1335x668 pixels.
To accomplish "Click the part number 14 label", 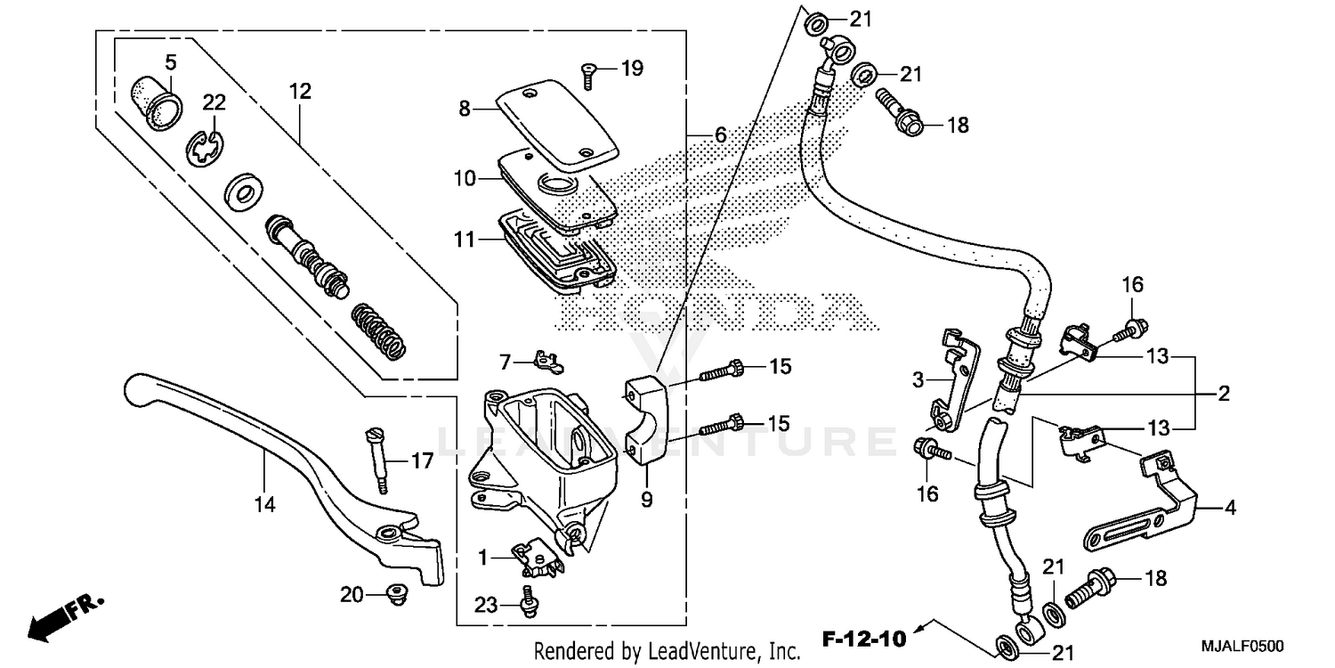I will coord(264,505).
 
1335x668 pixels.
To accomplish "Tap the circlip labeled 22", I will coord(207,147).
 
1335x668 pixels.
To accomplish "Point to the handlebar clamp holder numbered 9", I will coord(644,419).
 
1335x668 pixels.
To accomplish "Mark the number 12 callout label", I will coord(299,91).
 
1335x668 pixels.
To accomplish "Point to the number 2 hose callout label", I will coord(1224,395).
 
